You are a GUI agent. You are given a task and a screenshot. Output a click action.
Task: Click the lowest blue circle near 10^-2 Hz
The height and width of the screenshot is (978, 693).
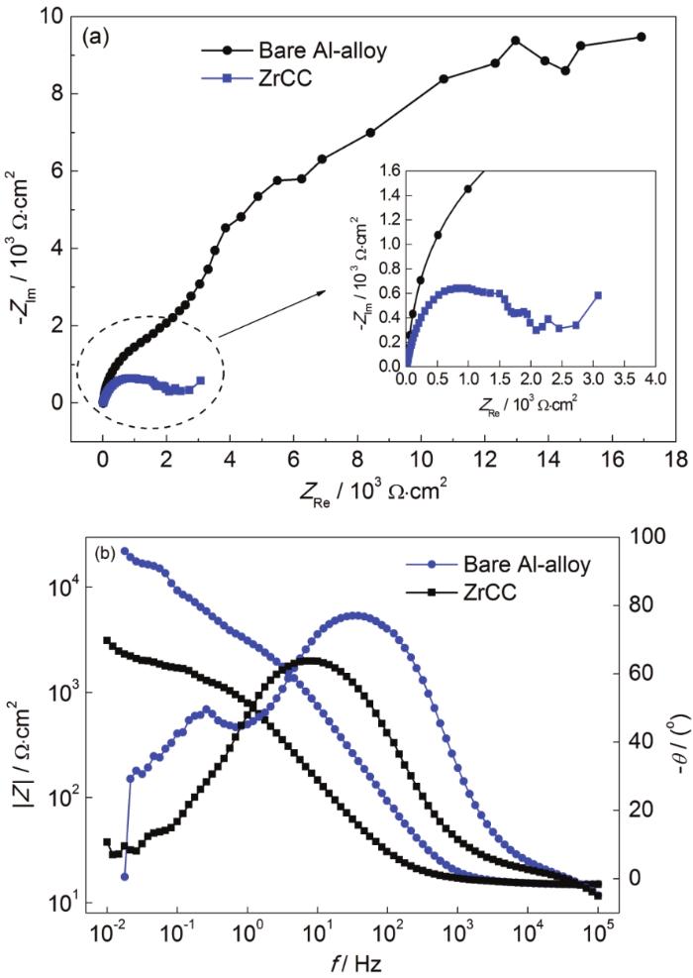[x=125, y=877]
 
